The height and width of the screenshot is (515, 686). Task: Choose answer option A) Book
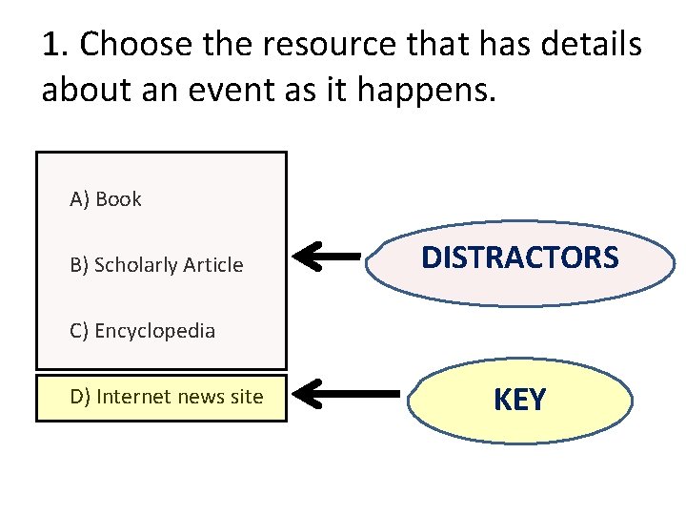coord(106,199)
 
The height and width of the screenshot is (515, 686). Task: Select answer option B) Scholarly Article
coord(157,265)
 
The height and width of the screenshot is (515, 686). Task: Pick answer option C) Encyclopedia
coord(143,332)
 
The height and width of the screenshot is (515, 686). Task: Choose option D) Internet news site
coord(167,397)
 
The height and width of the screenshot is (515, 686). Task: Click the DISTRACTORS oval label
coord(519,257)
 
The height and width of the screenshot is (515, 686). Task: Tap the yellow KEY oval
coord(519,400)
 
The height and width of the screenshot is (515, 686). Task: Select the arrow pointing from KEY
coord(343,392)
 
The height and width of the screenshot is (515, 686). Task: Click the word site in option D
coord(247,397)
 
